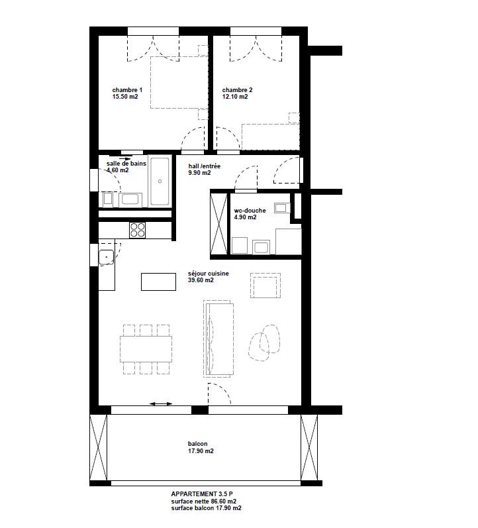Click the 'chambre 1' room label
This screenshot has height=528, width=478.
(127, 90)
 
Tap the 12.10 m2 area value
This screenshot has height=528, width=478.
(235, 97)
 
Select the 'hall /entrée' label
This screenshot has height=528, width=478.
(205, 166)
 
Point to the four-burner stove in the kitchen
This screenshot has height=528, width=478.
(137, 231)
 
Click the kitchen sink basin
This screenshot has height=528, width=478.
(107, 257)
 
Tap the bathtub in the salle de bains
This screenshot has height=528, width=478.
(160, 181)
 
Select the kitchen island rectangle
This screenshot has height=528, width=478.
(158, 282)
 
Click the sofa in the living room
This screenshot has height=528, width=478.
(219, 339)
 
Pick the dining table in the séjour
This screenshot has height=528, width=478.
(146, 349)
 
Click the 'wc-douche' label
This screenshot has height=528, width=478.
(250, 211)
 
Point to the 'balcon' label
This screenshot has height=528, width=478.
(197, 444)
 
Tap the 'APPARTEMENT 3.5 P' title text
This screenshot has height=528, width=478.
(202, 494)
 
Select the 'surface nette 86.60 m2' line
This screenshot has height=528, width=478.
(204, 501)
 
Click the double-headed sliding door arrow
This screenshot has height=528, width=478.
(161, 403)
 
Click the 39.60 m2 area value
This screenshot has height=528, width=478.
(201, 280)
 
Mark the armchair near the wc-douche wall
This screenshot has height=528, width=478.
(265, 286)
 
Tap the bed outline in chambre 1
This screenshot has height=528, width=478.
(179, 83)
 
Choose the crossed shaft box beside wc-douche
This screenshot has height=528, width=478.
(218, 223)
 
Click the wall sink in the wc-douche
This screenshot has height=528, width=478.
(282, 208)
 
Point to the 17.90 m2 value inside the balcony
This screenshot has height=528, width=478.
(201, 451)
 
